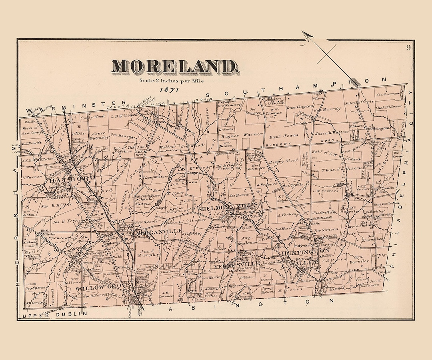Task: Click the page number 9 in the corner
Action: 408,48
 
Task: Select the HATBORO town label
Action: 72,179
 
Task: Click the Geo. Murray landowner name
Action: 327,109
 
